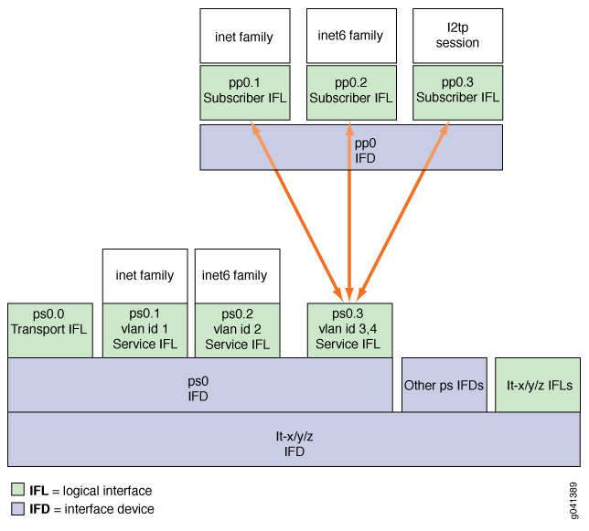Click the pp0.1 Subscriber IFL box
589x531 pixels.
[x=245, y=91]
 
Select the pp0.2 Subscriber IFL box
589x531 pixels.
[x=351, y=91]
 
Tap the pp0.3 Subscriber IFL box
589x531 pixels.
[x=457, y=91]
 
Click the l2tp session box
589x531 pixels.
[x=457, y=37]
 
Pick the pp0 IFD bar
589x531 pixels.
[x=351, y=148]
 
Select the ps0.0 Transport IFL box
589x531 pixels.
[x=50, y=330]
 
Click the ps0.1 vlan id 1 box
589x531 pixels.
[x=145, y=330]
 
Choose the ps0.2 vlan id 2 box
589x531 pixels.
[x=237, y=330]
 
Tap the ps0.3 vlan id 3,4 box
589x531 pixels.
[x=348, y=330]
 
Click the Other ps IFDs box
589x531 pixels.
[x=444, y=385]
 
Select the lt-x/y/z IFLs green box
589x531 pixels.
[x=540, y=385]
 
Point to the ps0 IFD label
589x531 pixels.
[x=198, y=385]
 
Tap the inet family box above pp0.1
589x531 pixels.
[x=245, y=37]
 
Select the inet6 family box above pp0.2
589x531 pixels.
[x=351, y=37]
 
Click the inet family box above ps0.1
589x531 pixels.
[x=145, y=275]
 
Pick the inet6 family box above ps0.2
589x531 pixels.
[x=237, y=275]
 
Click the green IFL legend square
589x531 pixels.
[x=17, y=491]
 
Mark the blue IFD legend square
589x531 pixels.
[x=17, y=509]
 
